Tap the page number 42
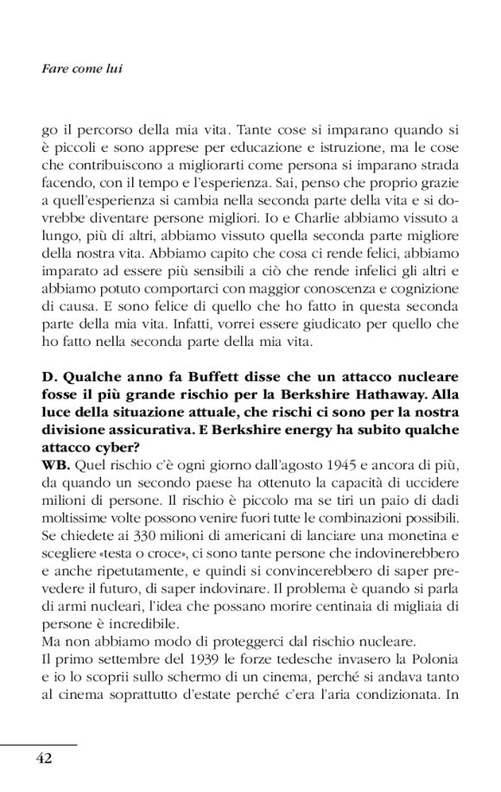point(44,758)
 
